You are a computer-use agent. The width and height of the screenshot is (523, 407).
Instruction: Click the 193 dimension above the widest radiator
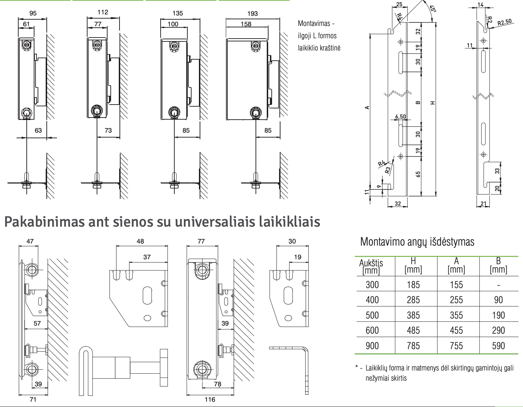click(252, 13)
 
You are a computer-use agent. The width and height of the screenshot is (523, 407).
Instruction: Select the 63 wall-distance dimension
click(38, 130)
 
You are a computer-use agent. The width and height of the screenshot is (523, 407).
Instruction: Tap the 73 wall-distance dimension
click(108, 130)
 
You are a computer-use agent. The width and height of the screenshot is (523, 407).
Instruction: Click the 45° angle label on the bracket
click(433, 9)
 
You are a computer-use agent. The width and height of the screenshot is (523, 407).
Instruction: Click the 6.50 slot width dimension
click(400, 116)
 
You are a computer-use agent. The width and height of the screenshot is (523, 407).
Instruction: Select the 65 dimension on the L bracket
click(418, 174)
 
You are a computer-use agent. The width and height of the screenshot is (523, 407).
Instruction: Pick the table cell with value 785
click(413, 346)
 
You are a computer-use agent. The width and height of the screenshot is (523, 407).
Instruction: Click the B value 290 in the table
click(498, 330)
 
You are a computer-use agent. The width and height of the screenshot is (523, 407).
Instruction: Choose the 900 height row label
click(372, 346)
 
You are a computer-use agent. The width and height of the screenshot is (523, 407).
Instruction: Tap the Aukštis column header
click(371, 266)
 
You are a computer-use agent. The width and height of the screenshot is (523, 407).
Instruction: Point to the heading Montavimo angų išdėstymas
click(417, 242)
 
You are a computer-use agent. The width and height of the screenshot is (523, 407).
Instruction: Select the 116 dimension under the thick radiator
click(210, 399)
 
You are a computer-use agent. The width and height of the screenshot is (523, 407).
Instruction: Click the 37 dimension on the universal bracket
click(147, 257)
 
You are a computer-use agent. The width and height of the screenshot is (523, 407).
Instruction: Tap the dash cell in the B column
click(498, 285)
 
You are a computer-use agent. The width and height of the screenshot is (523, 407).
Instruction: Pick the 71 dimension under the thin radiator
click(33, 399)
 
